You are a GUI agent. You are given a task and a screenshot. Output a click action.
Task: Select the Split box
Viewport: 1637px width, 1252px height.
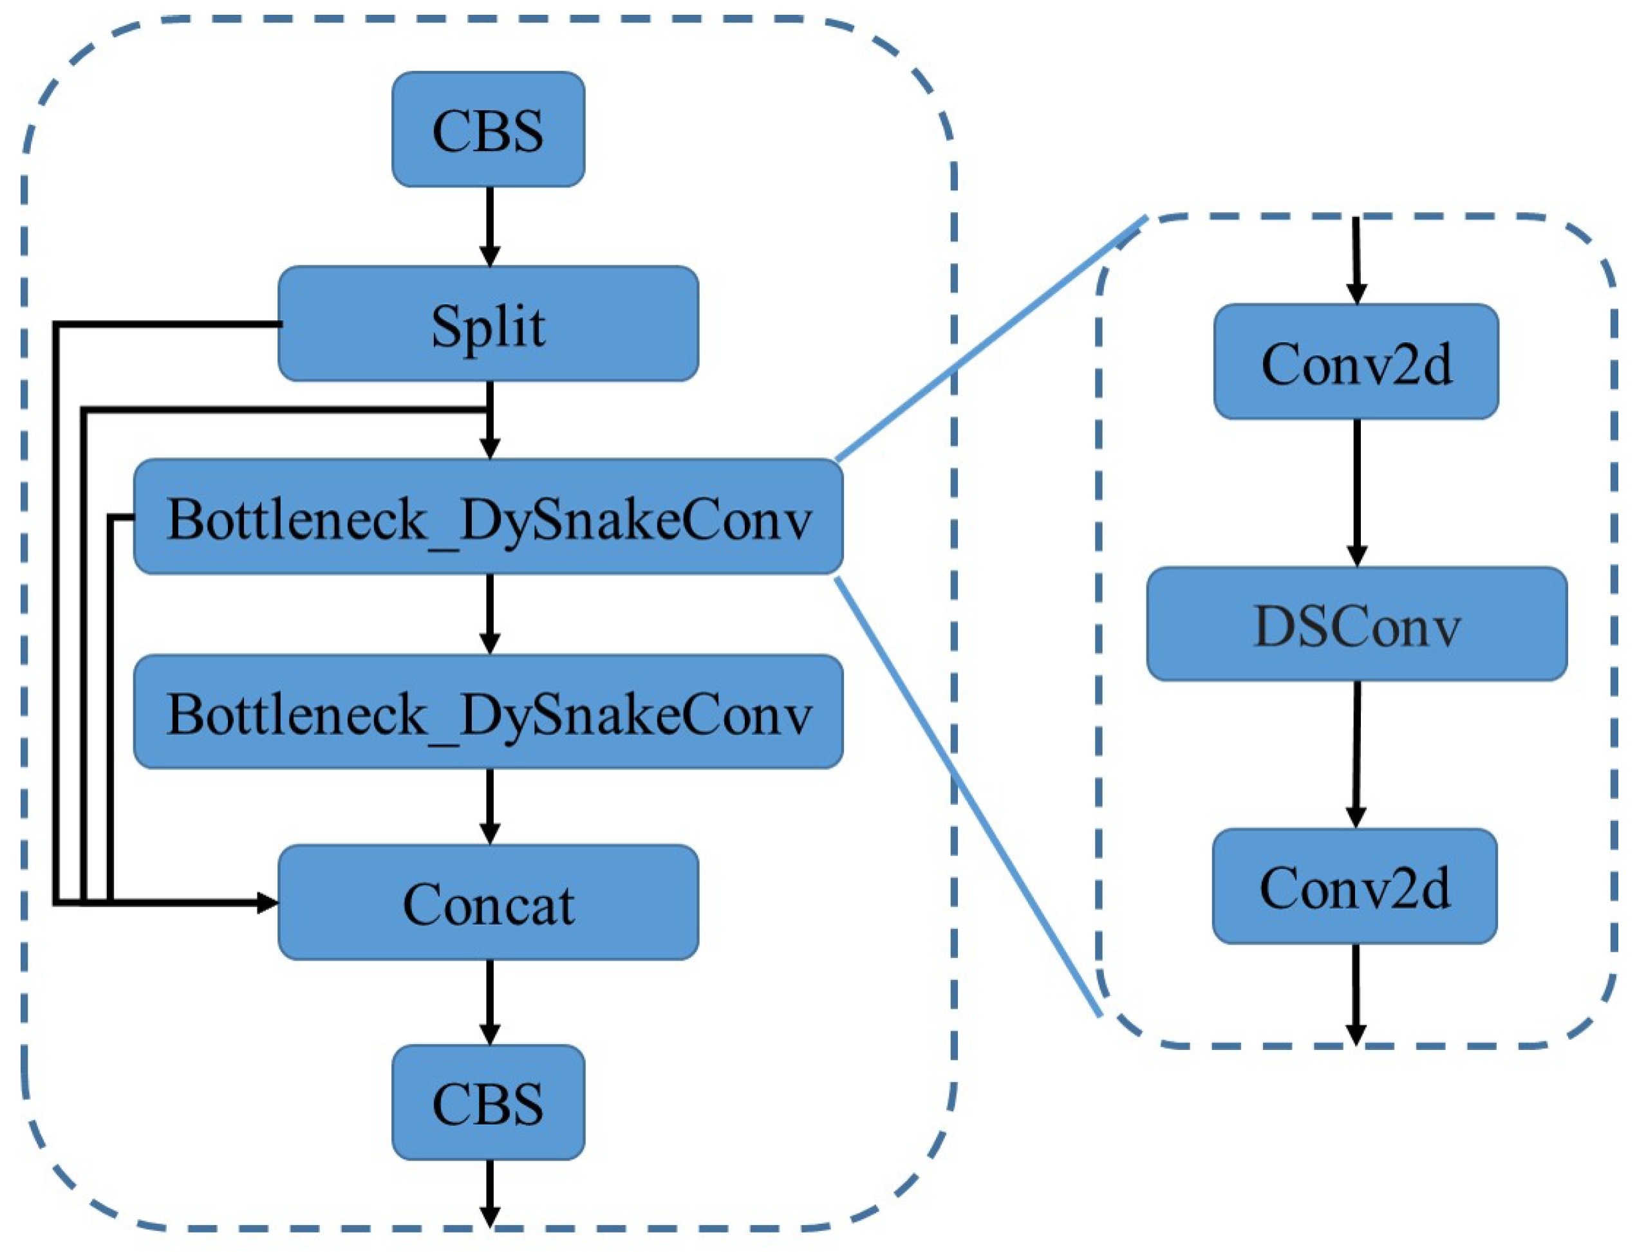(488, 324)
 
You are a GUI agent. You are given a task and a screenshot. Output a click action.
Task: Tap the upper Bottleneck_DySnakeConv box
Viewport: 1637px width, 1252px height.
(488, 517)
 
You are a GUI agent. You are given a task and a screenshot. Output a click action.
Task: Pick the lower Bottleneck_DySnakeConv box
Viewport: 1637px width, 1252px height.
(488, 711)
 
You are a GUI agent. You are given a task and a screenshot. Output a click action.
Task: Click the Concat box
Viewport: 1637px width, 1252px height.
(488, 903)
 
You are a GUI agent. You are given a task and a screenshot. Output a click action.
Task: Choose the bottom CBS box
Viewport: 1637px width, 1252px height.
(488, 1103)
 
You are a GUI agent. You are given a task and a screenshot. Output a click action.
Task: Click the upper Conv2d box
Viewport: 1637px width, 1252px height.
(1355, 362)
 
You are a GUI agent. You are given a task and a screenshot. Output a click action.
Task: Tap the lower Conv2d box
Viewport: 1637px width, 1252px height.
(1354, 886)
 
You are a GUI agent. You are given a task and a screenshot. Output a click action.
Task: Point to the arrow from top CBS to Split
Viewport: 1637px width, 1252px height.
(489, 224)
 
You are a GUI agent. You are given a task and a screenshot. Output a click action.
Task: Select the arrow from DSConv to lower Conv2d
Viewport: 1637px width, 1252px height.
(1356, 753)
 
